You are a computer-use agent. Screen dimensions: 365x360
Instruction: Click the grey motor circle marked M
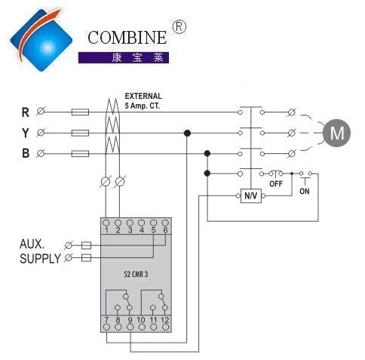tap(336, 133)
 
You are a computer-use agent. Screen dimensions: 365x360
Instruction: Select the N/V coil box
tap(251, 195)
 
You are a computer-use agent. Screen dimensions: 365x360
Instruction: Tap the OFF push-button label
tap(276, 183)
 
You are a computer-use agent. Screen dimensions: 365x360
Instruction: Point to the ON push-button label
tap(305, 191)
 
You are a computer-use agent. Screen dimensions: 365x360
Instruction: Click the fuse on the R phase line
tap(80, 112)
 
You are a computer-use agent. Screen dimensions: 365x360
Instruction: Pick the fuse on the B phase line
tap(80, 153)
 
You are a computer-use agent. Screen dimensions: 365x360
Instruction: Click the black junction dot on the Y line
tap(187, 133)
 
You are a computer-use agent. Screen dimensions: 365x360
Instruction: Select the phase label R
tap(25, 112)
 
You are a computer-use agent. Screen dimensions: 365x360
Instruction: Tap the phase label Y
tap(26, 133)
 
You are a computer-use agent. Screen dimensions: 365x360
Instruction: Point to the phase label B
tap(26, 153)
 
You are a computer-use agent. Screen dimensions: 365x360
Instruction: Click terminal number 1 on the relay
tap(106, 230)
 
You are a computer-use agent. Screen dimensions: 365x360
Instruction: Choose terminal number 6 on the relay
tap(165, 230)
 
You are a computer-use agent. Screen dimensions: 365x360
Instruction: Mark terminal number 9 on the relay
tap(130, 320)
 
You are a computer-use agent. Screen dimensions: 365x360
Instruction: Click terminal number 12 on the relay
tap(164, 320)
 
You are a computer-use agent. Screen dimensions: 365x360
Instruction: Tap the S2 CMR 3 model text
tap(136, 274)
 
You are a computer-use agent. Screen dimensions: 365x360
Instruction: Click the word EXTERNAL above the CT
tap(143, 96)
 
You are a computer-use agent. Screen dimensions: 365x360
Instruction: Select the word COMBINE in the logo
tap(127, 38)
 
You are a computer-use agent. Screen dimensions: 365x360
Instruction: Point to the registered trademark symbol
tap(179, 27)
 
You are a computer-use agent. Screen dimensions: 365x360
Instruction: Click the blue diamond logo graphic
tap(41, 40)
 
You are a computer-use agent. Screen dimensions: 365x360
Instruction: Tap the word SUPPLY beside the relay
tap(40, 259)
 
